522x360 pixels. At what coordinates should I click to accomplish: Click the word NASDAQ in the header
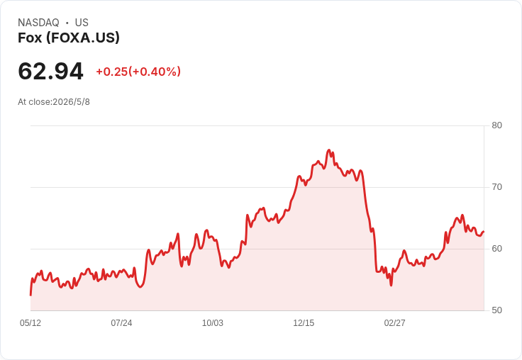38,23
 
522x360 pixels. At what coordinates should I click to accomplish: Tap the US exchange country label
82,23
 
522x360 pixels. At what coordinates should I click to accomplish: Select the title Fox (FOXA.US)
69,38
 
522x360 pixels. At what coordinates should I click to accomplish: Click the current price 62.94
50,71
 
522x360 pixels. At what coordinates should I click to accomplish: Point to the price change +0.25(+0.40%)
138,72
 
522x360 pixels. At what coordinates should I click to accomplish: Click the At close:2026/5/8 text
54,102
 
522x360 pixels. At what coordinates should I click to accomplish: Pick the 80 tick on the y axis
496,125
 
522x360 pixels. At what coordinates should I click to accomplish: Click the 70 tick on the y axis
496,187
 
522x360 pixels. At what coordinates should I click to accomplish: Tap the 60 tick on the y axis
496,249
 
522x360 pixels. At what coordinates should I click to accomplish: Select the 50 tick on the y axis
496,310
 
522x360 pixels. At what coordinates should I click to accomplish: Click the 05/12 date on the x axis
30,322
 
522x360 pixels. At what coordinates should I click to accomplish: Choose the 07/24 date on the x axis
121,322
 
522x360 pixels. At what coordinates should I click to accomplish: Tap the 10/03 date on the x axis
213,322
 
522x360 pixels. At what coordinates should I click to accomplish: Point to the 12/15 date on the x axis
304,322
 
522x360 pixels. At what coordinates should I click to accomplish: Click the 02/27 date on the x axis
395,322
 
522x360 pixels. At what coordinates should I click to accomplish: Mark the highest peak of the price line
329,150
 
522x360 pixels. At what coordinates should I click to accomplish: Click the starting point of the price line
30,295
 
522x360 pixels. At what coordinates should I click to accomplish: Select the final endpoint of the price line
484,232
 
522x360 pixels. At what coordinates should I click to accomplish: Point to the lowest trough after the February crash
391,285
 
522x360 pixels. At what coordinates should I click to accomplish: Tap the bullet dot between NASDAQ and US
67,23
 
